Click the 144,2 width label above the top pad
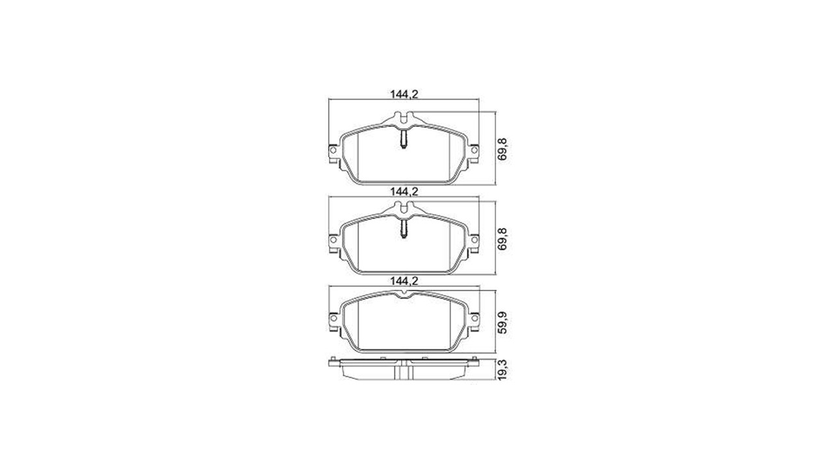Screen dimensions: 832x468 404,94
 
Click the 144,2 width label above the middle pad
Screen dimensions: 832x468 404,191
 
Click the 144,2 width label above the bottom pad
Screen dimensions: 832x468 404,281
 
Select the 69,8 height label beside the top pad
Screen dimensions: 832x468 502,149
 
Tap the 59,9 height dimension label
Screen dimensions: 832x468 502,322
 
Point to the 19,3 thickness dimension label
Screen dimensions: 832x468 502,370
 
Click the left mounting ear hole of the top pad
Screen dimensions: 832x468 333,149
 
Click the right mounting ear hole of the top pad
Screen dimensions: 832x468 474,149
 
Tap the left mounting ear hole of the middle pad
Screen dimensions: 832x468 333,240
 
